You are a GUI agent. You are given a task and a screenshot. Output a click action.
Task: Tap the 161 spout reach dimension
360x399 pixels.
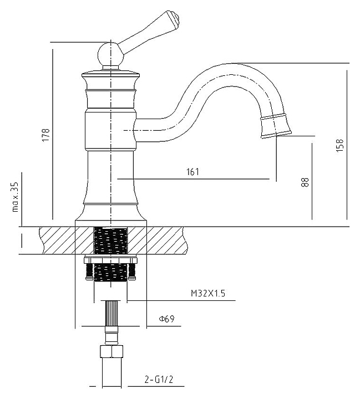point(192,172)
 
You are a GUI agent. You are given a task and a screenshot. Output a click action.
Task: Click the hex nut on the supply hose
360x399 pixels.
point(110,352)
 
